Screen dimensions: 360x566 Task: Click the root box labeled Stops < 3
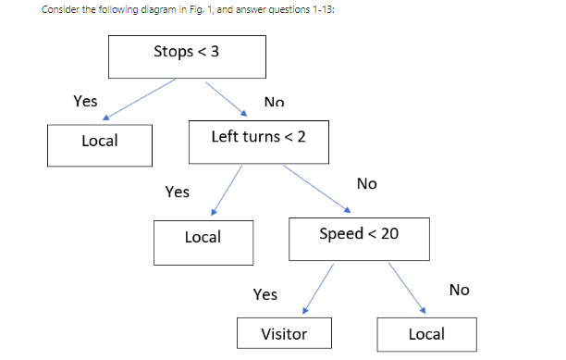pos(187,56)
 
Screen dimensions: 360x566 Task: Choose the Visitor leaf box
pos(284,334)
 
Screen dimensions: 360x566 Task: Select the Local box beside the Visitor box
pos(426,334)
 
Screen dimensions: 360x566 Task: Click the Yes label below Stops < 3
pos(85,102)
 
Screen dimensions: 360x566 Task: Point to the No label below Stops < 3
pos(274,103)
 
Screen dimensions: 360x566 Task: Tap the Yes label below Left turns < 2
pos(177,192)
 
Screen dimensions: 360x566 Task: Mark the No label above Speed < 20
pos(366,183)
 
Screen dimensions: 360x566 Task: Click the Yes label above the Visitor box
pos(265,294)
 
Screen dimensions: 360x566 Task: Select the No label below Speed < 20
pos(459,291)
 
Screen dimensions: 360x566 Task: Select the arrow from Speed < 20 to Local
pos(406,288)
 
